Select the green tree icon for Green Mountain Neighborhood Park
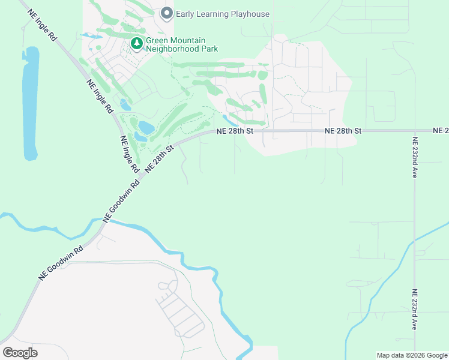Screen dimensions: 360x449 tap(137, 43)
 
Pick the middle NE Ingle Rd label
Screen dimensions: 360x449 tap(100, 97)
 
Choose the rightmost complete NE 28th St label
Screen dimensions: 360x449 tap(343, 130)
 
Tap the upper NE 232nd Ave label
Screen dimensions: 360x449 tap(414, 157)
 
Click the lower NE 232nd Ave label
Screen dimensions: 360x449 tap(414, 309)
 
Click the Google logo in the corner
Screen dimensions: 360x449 tap(20, 352)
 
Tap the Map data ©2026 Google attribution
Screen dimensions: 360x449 tap(412, 355)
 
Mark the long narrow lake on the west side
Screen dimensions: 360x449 tap(30, 102)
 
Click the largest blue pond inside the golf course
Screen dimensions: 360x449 tap(146, 127)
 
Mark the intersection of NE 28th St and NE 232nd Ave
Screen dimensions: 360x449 tap(414, 130)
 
